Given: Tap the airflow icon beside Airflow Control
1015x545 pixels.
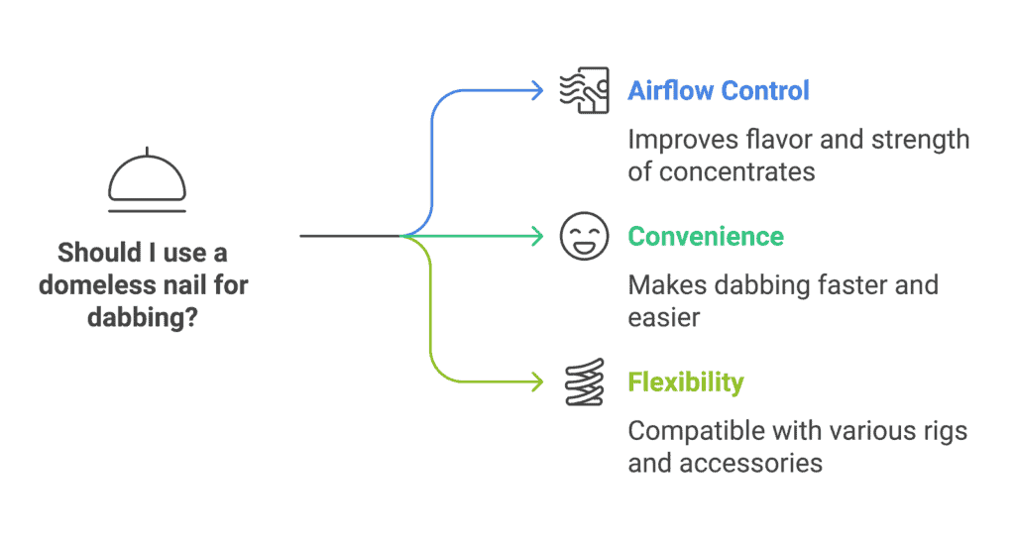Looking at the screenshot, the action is point(584,90).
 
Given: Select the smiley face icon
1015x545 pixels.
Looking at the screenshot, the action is point(584,236).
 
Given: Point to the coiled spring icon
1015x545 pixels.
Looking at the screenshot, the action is point(585,381).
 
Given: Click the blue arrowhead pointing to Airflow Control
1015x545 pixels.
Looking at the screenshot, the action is point(537,90).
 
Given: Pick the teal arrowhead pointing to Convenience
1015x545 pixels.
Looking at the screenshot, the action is point(537,236).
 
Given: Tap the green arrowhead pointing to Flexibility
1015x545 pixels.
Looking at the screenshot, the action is point(537,381).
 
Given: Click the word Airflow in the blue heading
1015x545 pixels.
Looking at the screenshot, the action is point(670,90).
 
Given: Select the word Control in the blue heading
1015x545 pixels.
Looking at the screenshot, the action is point(764,90).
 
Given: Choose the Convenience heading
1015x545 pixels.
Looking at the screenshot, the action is point(706,236).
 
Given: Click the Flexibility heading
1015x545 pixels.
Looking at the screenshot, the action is point(686,381).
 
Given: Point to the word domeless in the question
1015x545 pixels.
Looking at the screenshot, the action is point(98,284).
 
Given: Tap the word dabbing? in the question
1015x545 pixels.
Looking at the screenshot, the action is point(143,317).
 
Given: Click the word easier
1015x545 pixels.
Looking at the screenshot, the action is point(663,318).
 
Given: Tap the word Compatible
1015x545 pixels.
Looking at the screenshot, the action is point(699,431).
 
